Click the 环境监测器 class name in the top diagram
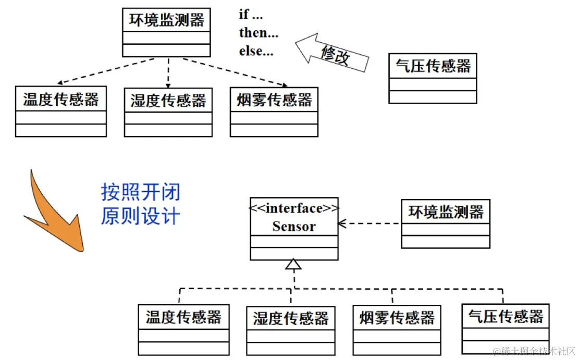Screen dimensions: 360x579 (x=166, y=21)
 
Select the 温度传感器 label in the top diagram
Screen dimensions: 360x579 (x=60, y=99)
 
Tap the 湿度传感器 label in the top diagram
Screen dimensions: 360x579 (x=168, y=100)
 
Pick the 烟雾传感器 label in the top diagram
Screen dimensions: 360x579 (x=274, y=100)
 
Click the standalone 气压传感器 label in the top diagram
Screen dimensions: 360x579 (x=433, y=66)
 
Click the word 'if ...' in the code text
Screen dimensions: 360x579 (x=251, y=15)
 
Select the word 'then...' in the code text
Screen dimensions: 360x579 (x=258, y=33)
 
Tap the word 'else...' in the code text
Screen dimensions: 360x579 (x=256, y=51)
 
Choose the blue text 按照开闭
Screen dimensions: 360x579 (x=140, y=192)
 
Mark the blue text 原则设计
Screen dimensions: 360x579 (x=140, y=216)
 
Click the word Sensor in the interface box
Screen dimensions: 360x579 (x=294, y=227)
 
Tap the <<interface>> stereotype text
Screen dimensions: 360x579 (x=294, y=208)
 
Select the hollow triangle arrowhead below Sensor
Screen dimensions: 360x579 (x=294, y=265)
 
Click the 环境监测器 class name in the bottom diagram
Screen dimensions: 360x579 (x=446, y=212)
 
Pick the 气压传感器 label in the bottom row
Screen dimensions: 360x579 (x=506, y=316)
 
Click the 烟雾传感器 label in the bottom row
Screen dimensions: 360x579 (x=397, y=317)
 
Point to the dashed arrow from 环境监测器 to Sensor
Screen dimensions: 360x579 (x=370, y=224)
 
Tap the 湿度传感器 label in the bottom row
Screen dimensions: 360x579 (x=290, y=318)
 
